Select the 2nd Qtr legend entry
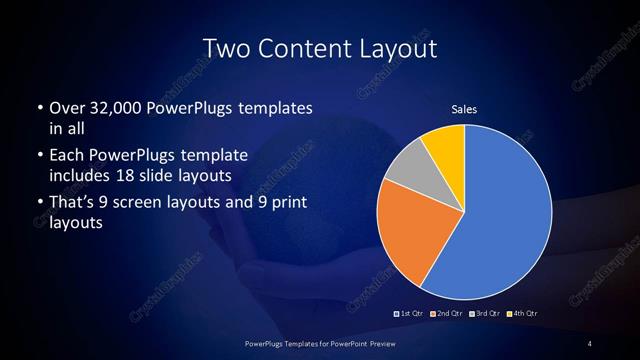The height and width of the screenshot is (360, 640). click(449, 314)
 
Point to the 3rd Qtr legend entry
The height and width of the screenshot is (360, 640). click(487, 314)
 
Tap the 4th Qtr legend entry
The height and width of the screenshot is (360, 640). click(524, 314)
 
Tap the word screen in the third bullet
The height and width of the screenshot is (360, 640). click(150, 204)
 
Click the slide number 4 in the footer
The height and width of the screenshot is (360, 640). click(589, 344)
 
